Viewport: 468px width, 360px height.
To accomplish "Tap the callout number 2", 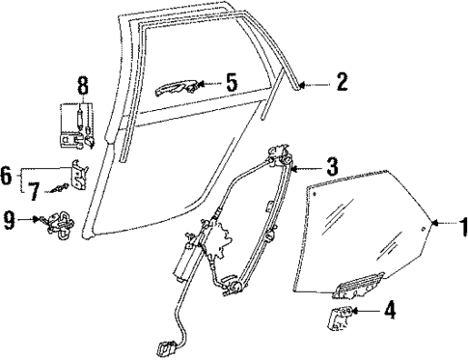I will point(341,84).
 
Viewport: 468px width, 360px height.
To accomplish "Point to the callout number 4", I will point(390,311).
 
